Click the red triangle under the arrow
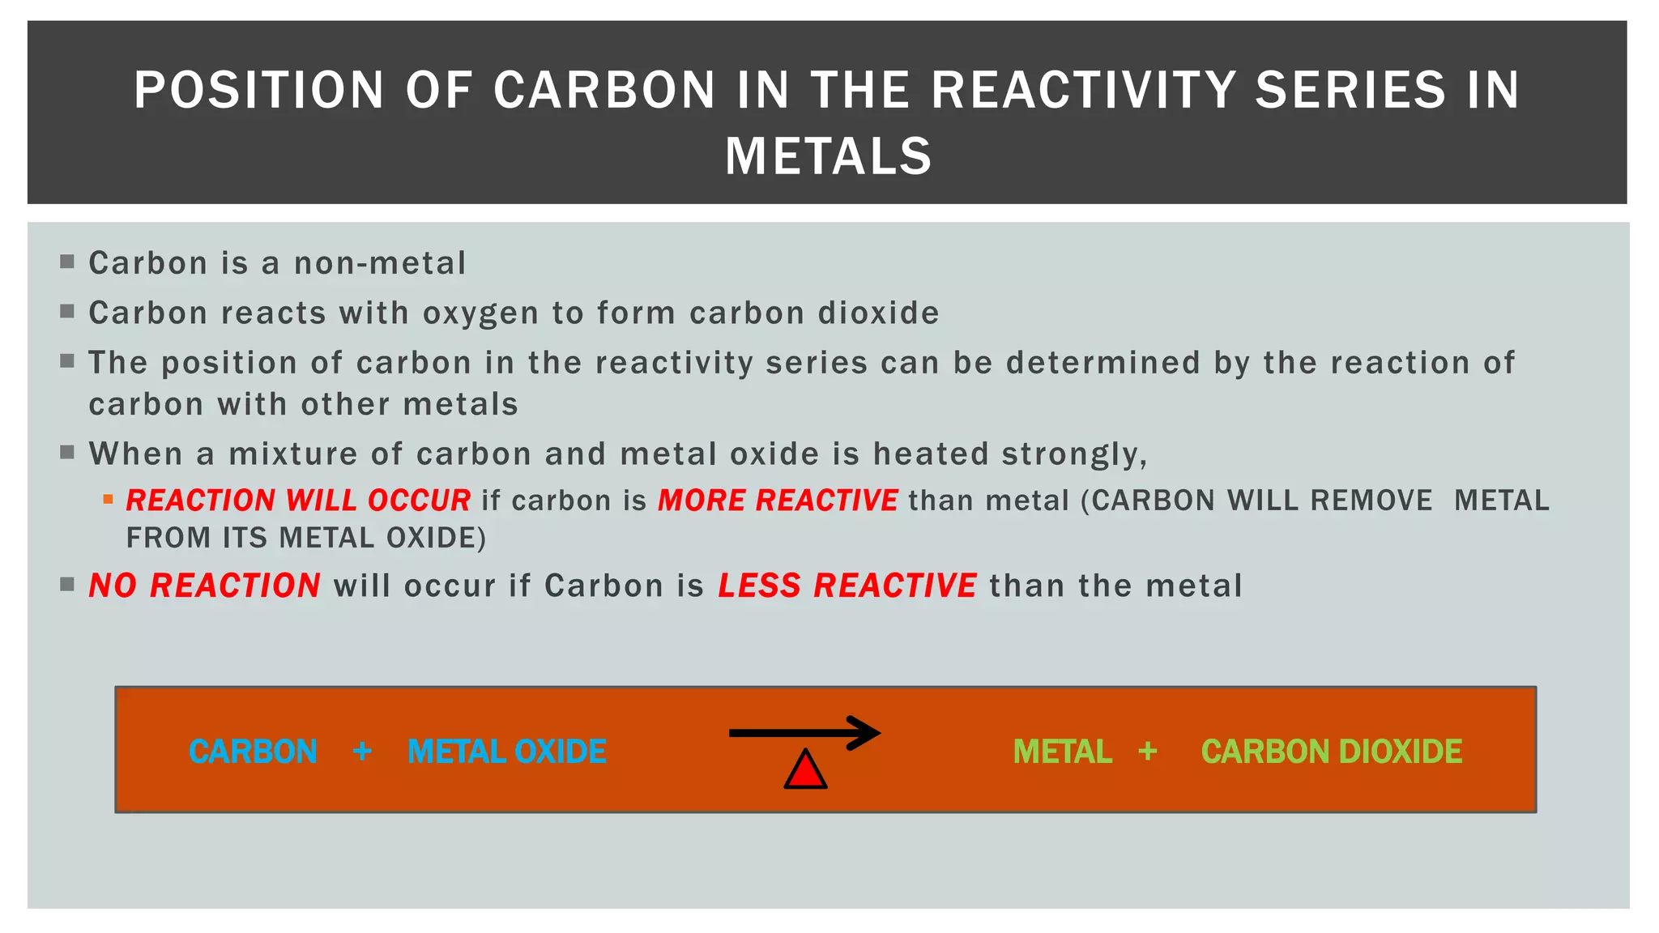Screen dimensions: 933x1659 [805, 771]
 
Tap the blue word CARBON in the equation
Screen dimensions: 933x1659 [253, 752]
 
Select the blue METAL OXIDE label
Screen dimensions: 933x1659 [506, 752]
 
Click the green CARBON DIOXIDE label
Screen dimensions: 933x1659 [1331, 752]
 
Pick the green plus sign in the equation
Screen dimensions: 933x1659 [1147, 752]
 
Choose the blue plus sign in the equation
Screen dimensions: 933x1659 [362, 752]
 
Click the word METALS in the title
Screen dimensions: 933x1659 [828, 155]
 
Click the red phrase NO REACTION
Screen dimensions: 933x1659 [204, 586]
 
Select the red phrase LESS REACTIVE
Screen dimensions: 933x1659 [847, 586]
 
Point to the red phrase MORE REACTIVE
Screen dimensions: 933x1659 [777, 501]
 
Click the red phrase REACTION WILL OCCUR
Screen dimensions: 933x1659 [298, 501]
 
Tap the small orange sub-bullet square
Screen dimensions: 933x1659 [108, 500]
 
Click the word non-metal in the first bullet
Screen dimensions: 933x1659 [380, 263]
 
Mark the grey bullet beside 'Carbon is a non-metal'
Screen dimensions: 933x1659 [67, 262]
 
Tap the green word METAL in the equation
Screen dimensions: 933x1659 [1062, 752]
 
